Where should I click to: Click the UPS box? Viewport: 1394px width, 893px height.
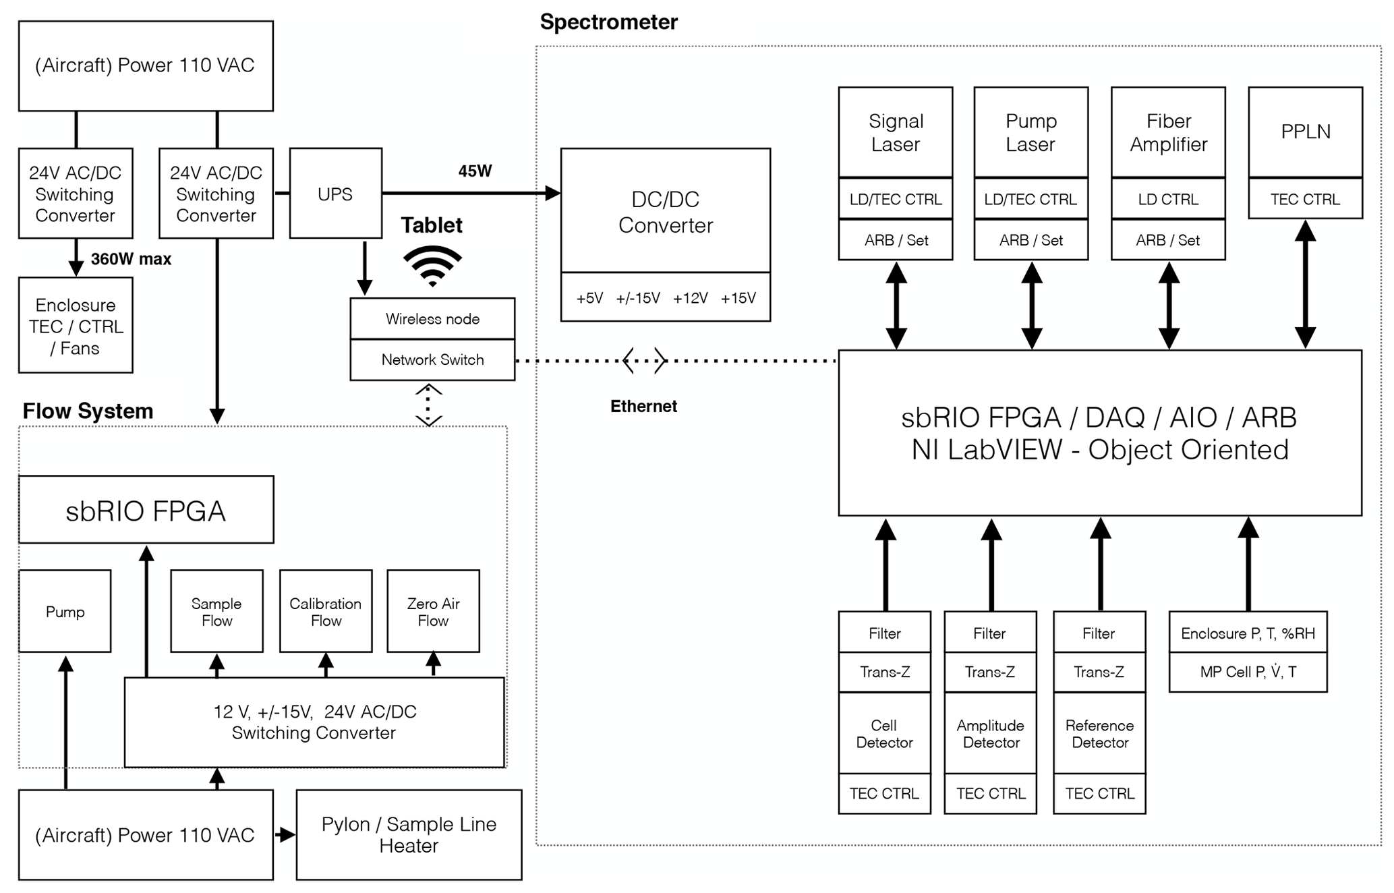(x=335, y=194)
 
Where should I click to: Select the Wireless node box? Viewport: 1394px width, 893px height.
(x=432, y=318)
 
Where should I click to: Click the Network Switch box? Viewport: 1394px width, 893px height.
(x=432, y=359)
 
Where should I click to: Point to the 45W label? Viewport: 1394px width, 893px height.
(x=475, y=171)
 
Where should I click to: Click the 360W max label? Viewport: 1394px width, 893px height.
(x=131, y=259)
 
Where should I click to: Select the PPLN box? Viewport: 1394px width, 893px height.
(x=1305, y=132)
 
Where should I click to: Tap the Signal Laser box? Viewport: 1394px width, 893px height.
(x=895, y=132)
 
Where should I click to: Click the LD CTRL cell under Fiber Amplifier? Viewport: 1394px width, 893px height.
(x=1167, y=200)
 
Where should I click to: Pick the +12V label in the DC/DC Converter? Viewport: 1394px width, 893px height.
(x=690, y=298)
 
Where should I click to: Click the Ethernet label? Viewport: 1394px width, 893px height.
(x=643, y=406)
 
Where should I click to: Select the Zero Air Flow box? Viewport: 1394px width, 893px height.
(x=433, y=611)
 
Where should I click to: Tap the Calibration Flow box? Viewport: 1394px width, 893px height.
(x=326, y=611)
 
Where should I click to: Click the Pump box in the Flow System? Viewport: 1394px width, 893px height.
(x=65, y=611)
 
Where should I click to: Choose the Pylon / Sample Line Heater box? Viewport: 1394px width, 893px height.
(x=409, y=834)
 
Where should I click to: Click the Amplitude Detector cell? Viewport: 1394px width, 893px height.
(x=990, y=734)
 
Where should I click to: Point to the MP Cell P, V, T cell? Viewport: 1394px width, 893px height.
(x=1248, y=672)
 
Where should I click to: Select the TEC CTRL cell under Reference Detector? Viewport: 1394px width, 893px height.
(x=1099, y=794)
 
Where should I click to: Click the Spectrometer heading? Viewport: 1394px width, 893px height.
(x=608, y=22)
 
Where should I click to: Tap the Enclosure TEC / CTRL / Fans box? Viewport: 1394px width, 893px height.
(x=76, y=326)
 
